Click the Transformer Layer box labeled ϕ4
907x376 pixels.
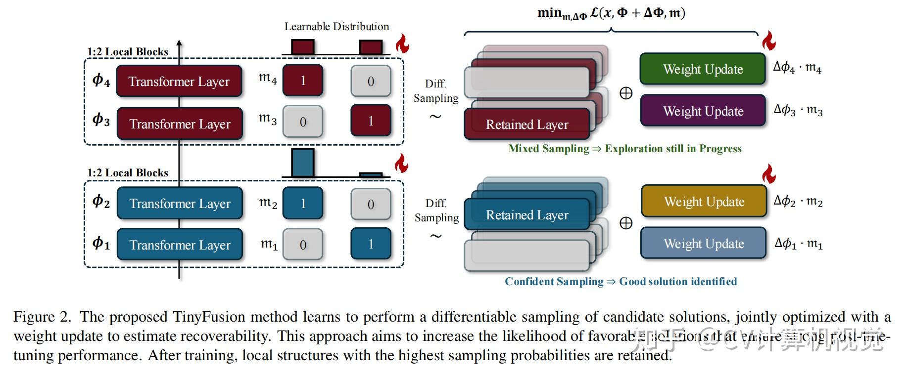point(179,81)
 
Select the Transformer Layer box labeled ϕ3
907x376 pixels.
point(180,123)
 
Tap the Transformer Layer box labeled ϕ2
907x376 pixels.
point(180,203)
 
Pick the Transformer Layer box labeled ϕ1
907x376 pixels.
point(180,245)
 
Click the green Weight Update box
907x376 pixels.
point(703,69)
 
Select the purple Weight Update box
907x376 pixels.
point(703,111)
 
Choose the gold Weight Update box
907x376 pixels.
point(704,202)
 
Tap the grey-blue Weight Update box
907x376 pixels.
point(703,243)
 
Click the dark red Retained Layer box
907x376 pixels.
point(526,124)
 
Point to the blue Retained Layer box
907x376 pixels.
point(526,215)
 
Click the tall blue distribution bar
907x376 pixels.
point(302,163)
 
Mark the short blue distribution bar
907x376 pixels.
point(371,174)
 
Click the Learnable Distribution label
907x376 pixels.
point(336,27)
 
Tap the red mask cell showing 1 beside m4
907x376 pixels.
point(303,81)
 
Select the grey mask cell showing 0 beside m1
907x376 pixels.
point(303,245)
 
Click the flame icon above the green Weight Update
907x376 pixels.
point(768,41)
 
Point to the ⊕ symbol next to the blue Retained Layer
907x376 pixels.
point(626,223)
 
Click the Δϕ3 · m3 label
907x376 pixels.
point(798,110)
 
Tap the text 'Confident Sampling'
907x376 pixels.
point(554,282)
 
